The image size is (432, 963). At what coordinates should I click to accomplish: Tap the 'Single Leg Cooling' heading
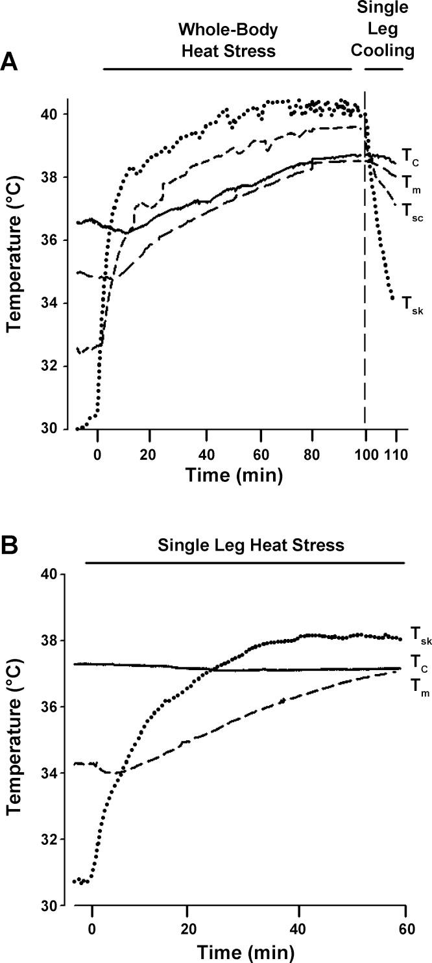click(x=384, y=29)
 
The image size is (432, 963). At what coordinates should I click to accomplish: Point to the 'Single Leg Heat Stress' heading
click(x=250, y=545)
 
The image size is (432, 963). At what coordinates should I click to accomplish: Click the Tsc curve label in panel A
click(x=413, y=210)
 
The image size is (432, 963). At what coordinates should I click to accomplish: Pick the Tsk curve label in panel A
click(x=413, y=303)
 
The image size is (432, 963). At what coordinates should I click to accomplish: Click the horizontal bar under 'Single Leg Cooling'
click(x=383, y=68)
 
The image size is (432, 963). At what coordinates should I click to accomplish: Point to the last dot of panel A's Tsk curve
click(x=392, y=299)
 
